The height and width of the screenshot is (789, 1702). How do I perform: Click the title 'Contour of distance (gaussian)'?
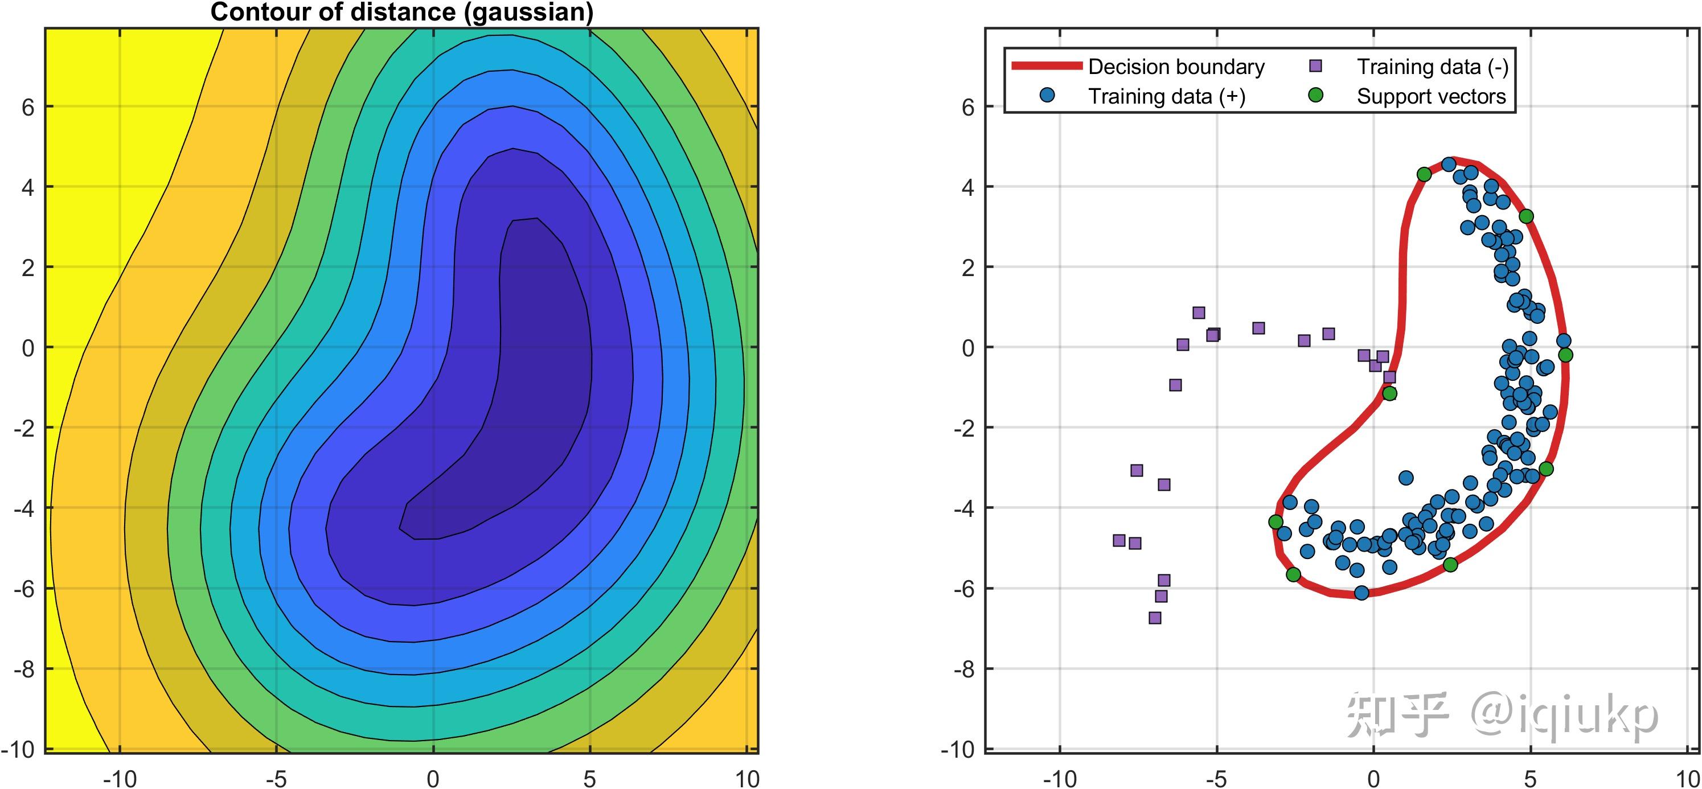[x=401, y=12]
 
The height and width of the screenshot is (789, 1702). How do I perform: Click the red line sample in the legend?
[x=1047, y=65]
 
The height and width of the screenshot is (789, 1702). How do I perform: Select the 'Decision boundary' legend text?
[x=1176, y=67]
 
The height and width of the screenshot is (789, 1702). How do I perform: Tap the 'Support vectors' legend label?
[x=1431, y=96]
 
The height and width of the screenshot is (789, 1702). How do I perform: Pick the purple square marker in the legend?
[x=1315, y=66]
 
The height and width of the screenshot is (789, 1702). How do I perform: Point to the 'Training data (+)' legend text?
[x=1166, y=96]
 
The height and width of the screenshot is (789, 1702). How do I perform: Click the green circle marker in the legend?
[x=1315, y=96]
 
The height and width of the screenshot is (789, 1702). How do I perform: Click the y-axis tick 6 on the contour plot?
[x=28, y=107]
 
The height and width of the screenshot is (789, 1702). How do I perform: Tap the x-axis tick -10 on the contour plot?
[x=120, y=778]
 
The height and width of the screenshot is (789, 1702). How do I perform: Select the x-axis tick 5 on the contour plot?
[x=589, y=778]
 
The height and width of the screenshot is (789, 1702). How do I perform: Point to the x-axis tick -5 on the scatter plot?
[x=1216, y=778]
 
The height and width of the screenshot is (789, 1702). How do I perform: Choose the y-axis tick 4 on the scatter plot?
[x=967, y=187]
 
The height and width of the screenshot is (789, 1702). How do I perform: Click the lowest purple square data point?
[x=1155, y=618]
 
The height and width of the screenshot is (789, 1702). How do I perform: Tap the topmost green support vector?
[x=1424, y=174]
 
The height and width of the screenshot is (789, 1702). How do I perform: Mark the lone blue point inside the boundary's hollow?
[x=1406, y=478]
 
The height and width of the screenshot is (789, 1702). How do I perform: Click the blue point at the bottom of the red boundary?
[x=1361, y=593]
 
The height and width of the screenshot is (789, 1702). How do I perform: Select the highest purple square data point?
[x=1199, y=313]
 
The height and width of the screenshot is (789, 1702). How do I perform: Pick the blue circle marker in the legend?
[x=1047, y=96]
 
